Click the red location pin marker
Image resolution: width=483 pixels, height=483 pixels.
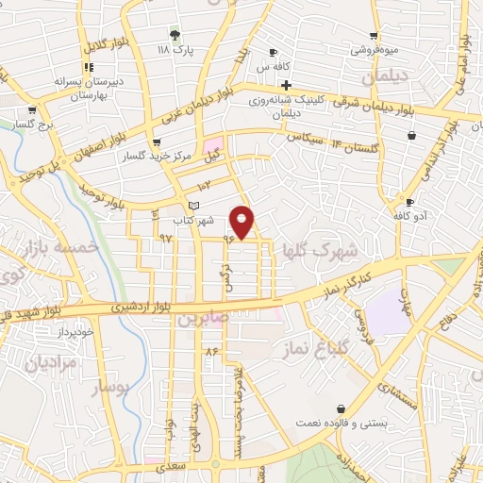coord(242,222)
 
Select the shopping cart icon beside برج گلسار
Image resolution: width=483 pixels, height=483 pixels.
coord(19,123)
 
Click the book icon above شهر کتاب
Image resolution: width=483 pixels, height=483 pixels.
coord(193,206)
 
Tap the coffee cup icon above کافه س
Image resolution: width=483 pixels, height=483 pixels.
coord(274,52)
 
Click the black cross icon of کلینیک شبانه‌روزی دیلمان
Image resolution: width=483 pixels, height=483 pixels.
coord(286,85)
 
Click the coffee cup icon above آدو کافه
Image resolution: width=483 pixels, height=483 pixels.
coord(409,202)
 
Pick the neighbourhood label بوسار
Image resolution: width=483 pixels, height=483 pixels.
coord(108,387)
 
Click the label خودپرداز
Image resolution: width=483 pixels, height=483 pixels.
coord(74,332)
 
